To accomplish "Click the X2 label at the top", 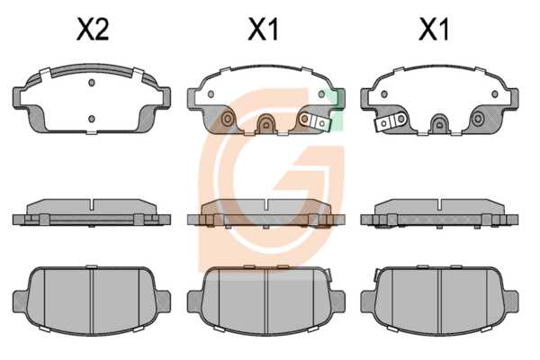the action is [93, 30].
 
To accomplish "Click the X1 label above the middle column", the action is [263, 30].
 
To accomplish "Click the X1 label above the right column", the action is [434, 30].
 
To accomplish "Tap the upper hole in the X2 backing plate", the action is [92, 83].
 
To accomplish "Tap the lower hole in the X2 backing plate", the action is [92, 119].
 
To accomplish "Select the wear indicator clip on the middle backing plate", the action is [315, 121].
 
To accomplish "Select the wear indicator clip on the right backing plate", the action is [391, 121].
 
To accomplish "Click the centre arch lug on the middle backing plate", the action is [265, 123].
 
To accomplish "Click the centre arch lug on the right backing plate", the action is [439, 123].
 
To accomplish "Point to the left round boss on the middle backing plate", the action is [228, 119].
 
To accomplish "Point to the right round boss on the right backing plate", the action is [478, 119].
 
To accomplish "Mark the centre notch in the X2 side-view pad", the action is [92, 204].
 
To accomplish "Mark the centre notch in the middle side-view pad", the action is [265, 204].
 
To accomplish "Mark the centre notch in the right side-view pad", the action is [439, 204].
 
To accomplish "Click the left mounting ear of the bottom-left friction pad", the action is [20, 301].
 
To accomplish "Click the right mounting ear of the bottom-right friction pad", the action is [511, 301].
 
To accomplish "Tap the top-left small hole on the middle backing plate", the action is [211, 94].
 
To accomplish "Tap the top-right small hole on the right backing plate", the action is [495, 94].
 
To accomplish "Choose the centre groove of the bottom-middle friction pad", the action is [265, 301].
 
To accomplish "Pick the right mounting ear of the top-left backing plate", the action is [166, 98].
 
